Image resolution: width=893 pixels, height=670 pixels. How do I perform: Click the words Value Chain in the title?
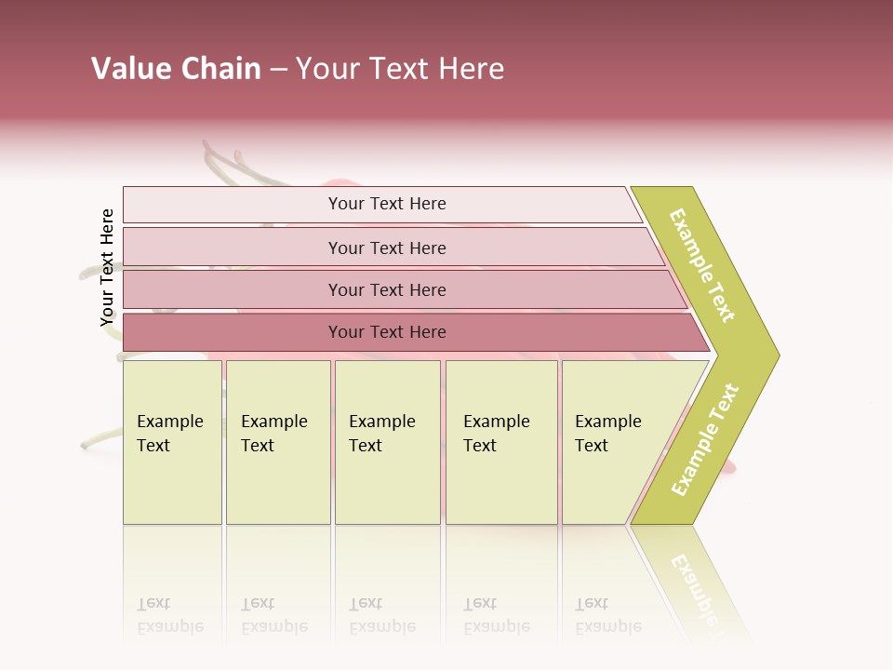[x=176, y=69]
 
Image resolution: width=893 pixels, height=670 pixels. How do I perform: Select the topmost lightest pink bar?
[x=233, y=205]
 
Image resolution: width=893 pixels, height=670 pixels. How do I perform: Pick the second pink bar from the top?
[x=233, y=248]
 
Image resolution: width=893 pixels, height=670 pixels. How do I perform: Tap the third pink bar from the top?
[x=233, y=289]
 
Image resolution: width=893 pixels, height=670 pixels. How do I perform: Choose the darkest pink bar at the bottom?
[x=233, y=332]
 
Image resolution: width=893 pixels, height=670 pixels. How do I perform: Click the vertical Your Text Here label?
[x=107, y=267]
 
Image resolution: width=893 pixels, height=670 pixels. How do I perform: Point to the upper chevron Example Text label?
[x=702, y=265]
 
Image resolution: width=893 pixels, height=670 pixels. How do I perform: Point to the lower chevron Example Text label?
[x=705, y=440]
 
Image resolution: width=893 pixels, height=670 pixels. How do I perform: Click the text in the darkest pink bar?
[x=387, y=332]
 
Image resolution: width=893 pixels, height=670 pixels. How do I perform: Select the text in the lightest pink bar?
[x=387, y=204]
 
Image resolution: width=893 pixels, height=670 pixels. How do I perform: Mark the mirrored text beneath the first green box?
[x=169, y=615]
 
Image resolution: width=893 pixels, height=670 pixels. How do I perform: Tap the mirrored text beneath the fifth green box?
[x=607, y=615]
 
